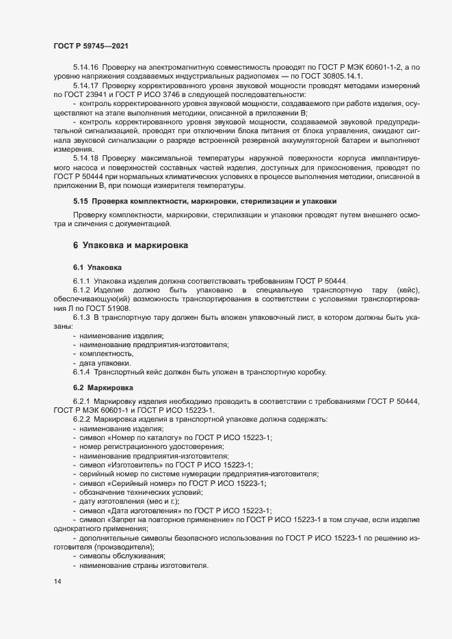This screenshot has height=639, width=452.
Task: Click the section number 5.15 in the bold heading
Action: pyautogui.click(x=81, y=202)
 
